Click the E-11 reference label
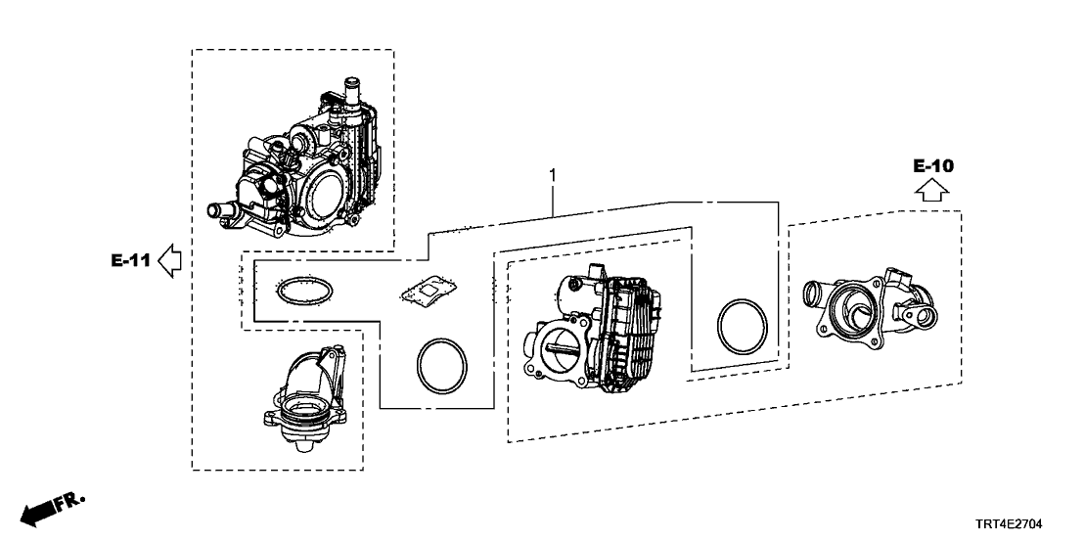pyautogui.click(x=129, y=260)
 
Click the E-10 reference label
pyautogui.click(x=932, y=166)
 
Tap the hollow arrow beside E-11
pyautogui.click(x=170, y=260)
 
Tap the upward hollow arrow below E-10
pyautogui.click(x=932, y=191)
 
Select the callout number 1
pyautogui.click(x=553, y=176)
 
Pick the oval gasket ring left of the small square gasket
pyautogui.click(x=303, y=291)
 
